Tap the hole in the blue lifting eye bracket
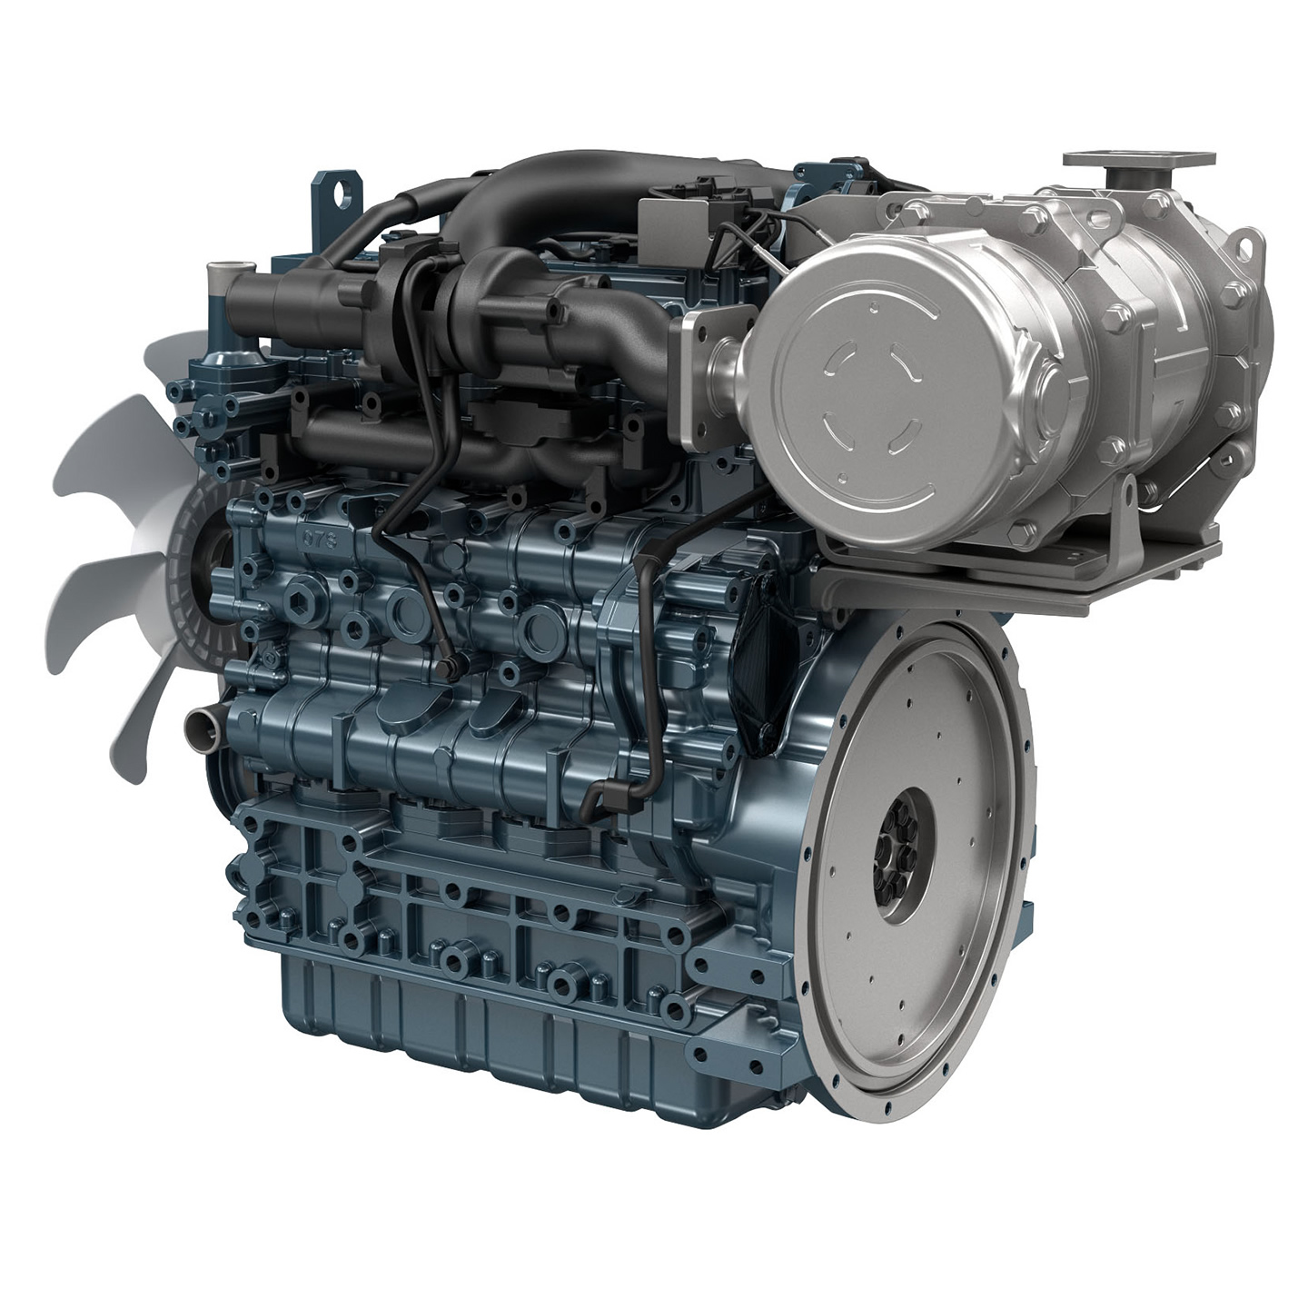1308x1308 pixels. click(342, 192)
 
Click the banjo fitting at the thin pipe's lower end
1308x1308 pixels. click(445, 669)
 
